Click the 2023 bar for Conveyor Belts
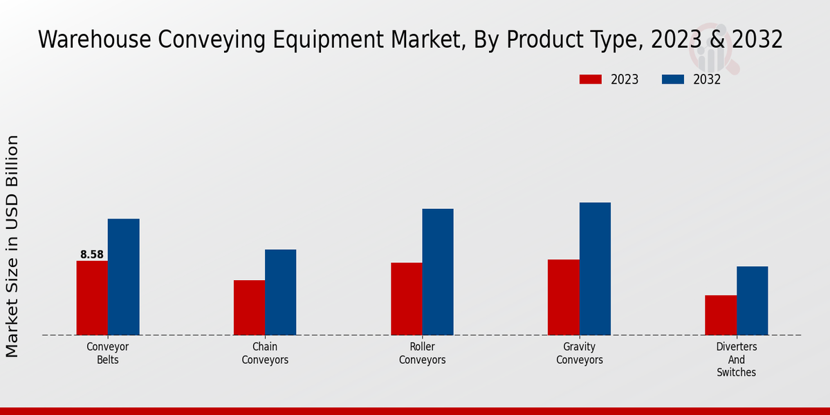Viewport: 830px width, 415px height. pyautogui.click(x=92, y=298)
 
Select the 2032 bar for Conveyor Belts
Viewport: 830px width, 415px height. pyautogui.click(x=123, y=277)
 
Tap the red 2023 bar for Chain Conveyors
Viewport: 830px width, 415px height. pyautogui.click(x=249, y=308)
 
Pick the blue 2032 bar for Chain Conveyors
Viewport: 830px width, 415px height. pyautogui.click(x=280, y=292)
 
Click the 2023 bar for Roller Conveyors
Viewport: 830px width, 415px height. pyautogui.click(x=406, y=299)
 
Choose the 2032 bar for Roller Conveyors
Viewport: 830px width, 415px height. pyautogui.click(x=438, y=272)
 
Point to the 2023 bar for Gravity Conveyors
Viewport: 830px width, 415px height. pyautogui.click(x=563, y=297)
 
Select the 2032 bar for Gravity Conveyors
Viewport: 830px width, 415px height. pyautogui.click(x=595, y=268)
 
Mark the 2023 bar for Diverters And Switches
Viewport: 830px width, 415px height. pyautogui.click(x=721, y=315)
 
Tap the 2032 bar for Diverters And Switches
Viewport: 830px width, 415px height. pyautogui.click(x=752, y=301)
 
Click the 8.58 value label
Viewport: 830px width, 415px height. pyautogui.click(x=92, y=255)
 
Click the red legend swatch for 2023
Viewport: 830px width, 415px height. pyautogui.click(x=591, y=80)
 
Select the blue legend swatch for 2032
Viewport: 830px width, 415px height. pyautogui.click(x=673, y=80)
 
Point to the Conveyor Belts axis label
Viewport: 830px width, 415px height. pyautogui.click(x=108, y=353)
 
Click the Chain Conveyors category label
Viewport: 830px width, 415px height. pyautogui.click(x=265, y=353)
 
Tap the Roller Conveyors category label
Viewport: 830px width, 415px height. pyautogui.click(x=422, y=353)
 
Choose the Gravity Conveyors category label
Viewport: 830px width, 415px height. pyautogui.click(x=580, y=353)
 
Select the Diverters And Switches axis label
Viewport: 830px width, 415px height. pyautogui.click(x=737, y=360)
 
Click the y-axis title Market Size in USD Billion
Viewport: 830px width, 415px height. pyautogui.click(x=12, y=246)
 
